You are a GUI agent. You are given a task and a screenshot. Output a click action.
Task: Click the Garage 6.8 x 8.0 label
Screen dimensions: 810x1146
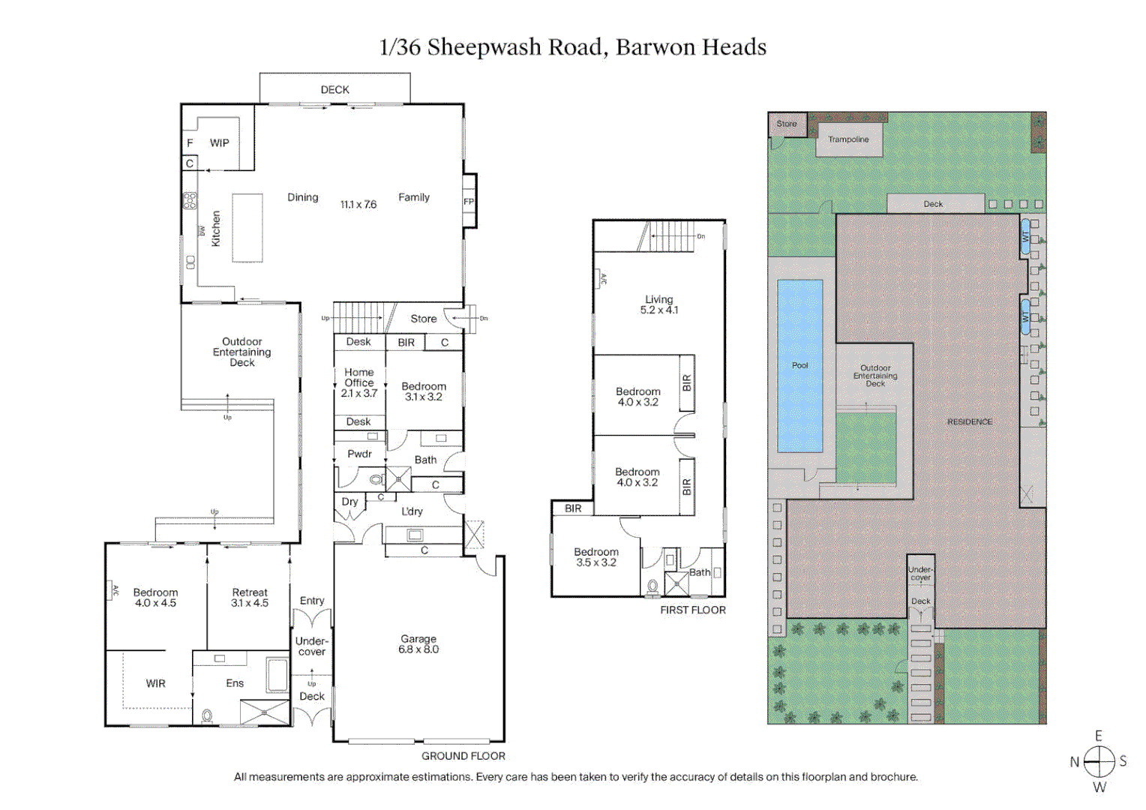[x=418, y=644]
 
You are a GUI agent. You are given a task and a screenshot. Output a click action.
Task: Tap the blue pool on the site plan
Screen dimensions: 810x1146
[x=799, y=366]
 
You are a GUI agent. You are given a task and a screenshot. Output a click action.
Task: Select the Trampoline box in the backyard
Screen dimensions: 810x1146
[x=848, y=139]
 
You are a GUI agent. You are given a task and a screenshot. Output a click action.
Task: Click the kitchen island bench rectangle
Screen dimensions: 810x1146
[x=247, y=228]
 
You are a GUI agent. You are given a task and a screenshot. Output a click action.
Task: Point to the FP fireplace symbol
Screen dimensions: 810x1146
[x=469, y=201]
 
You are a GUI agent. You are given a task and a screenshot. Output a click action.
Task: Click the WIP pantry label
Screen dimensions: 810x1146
[x=219, y=143]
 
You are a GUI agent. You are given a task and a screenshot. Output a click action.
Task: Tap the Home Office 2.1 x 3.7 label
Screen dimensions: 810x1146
[x=359, y=382]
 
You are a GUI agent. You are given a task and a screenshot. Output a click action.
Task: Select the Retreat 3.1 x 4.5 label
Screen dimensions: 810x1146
[x=250, y=598]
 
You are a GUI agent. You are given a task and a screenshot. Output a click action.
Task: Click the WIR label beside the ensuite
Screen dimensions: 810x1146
[x=155, y=683]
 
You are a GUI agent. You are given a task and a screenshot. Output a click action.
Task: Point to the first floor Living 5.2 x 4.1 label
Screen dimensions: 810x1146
[x=658, y=304]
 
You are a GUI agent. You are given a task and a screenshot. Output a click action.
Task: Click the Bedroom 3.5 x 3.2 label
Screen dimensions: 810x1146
[x=596, y=557]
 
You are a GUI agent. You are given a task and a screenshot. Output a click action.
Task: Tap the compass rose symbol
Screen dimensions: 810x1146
[x=1099, y=762]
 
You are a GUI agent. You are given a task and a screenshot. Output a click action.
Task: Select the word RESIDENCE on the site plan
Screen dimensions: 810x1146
[x=969, y=421]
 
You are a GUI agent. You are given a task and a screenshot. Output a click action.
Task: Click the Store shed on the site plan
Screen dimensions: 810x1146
[x=786, y=124]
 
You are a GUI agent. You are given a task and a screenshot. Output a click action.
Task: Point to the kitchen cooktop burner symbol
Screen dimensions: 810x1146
[x=190, y=200]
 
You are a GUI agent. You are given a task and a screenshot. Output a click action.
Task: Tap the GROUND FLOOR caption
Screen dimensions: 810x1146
[x=463, y=756]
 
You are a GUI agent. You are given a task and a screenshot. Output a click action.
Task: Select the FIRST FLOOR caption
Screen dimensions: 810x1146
[x=692, y=610]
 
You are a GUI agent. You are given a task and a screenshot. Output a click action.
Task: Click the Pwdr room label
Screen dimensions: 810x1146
[x=359, y=454]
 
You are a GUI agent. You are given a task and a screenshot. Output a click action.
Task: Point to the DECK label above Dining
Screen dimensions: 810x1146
[x=334, y=89]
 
